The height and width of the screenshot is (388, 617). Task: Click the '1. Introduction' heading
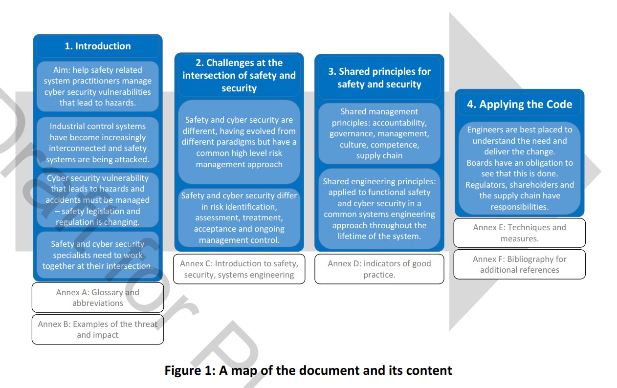98,46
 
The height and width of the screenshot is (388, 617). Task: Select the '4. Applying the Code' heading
520,105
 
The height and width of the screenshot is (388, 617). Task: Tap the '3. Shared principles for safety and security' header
379,78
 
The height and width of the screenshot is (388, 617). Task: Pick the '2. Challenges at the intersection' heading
239,75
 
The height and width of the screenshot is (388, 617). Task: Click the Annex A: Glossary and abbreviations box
98,298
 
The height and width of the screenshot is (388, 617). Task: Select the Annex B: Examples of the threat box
98,329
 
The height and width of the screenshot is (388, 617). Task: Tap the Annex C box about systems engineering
239,269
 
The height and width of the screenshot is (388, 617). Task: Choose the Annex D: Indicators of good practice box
379,269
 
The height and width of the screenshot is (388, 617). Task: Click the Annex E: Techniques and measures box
520,233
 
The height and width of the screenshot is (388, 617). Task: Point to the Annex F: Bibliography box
520,264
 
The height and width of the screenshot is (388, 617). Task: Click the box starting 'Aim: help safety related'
98,86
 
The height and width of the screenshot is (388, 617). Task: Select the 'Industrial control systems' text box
98,143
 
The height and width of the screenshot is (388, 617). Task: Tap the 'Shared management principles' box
379,133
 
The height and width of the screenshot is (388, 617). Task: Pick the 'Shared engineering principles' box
379,209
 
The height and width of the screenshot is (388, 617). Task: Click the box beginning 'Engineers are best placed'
520,168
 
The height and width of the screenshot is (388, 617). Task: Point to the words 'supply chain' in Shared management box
379,155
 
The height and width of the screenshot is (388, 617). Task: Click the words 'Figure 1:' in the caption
190,370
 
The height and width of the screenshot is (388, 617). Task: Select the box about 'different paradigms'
239,142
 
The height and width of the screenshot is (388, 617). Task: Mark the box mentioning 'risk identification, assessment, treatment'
239,217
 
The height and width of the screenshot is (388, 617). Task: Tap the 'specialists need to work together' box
98,255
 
